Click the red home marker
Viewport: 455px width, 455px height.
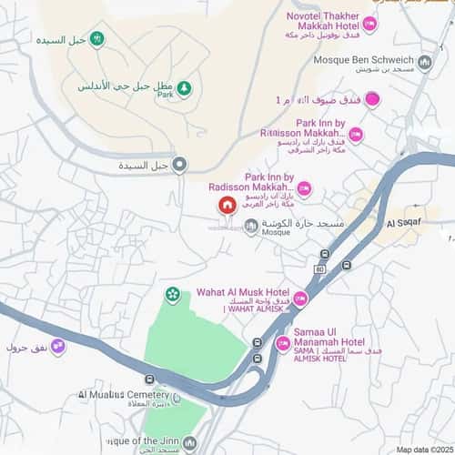pyautogui.click(x=227, y=205)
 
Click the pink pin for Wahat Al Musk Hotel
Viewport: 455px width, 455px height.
pyautogui.click(x=300, y=298)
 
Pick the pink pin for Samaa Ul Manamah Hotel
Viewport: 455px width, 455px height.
pyautogui.click(x=283, y=343)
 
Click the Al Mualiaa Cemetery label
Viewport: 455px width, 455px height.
pyautogui.click(x=124, y=395)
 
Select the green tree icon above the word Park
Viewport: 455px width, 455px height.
pyautogui.click(x=185, y=87)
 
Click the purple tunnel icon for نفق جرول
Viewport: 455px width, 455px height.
pyautogui.click(x=58, y=346)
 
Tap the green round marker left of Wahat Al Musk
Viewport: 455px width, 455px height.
pyautogui.click(x=172, y=294)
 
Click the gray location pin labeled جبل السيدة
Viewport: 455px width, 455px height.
pyautogui.click(x=180, y=165)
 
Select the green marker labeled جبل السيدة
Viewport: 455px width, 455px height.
pyautogui.click(x=97, y=39)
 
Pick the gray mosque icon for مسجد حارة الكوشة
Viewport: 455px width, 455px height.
pyautogui.click(x=251, y=226)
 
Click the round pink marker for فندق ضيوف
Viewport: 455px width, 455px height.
pyautogui.click(x=372, y=100)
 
